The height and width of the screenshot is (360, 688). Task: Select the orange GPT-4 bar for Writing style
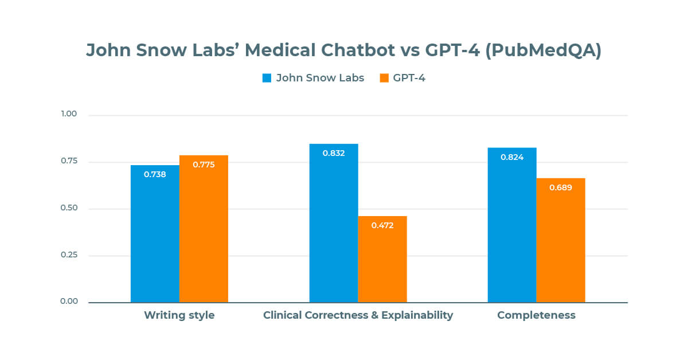pyautogui.click(x=204, y=229)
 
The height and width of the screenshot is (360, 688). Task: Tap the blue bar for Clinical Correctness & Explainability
pyautogui.click(x=334, y=224)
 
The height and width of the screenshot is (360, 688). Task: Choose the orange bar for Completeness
pyautogui.click(x=561, y=240)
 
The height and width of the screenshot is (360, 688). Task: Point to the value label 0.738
pyautogui.click(x=155, y=174)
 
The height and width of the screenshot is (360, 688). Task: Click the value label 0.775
pyautogui.click(x=204, y=165)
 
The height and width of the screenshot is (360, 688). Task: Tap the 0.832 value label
pyautogui.click(x=334, y=153)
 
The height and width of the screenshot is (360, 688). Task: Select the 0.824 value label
pyautogui.click(x=512, y=157)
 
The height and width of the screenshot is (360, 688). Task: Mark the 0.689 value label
pyautogui.click(x=561, y=187)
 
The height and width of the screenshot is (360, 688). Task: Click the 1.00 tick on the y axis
pyautogui.click(x=68, y=114)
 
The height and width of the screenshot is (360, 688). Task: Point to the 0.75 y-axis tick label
pyautogui.click(x=68, y=161)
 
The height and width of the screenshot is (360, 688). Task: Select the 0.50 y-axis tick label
pyautogui.click(x=68, y=208)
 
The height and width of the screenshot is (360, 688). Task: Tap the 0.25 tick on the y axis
pyautogui.click(x=68, y=255)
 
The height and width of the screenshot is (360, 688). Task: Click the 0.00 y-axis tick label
pyautogui.click(x=68, y=302)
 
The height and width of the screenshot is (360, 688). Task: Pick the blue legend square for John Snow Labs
pyautogui.click(x=267, y=78)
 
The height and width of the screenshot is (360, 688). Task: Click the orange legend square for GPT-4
pyautogui.click(x=384, y=78)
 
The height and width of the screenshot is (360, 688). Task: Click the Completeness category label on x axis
pyautogui.click(x=536, y=315)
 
